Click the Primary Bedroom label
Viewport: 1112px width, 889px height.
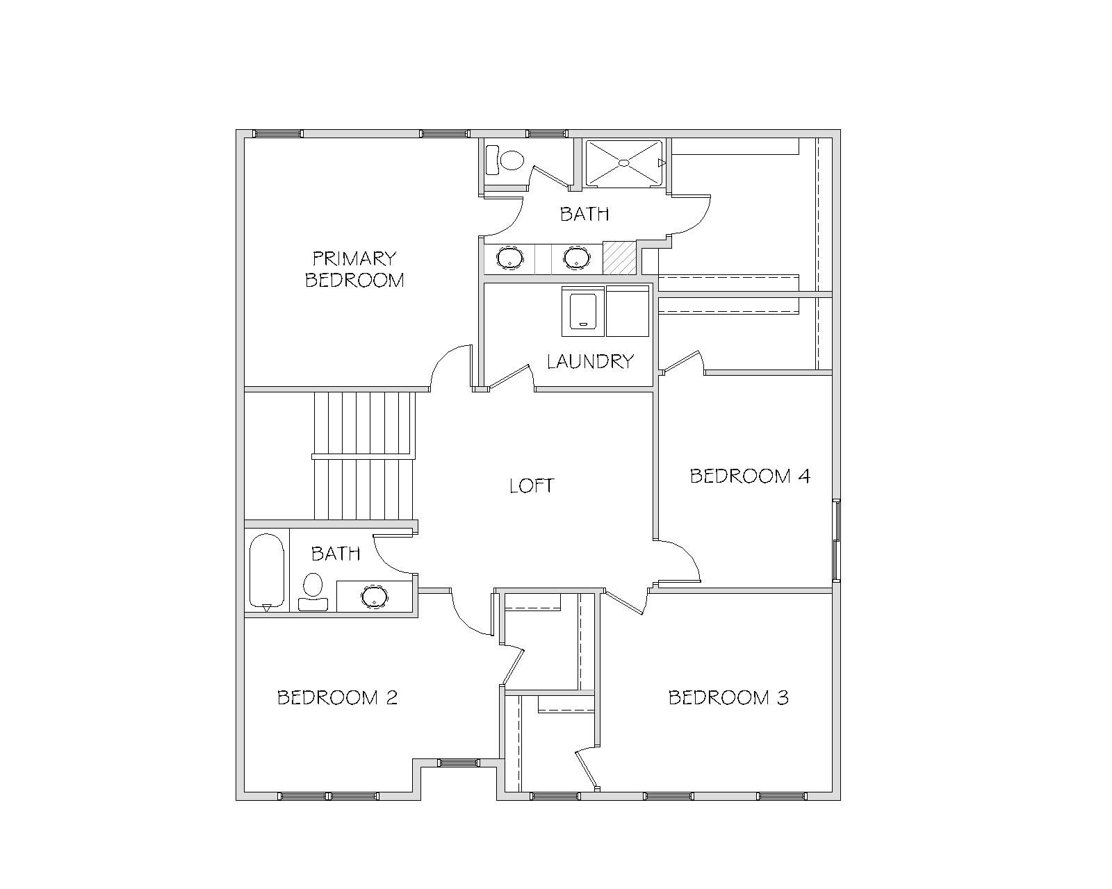pyautogui.click(x=354, y=269)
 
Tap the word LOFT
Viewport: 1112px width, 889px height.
pyautogui.click(x=532, y=485)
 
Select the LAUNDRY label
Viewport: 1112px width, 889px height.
pyautogui.click(x=591, y=361)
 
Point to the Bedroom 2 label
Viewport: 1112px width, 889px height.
pyautogui.click(x=338, y=697)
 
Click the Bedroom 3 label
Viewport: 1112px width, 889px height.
pyautogui.click(x=728, y=697)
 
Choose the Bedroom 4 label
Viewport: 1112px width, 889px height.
pyautogui.click(x=751, y=476)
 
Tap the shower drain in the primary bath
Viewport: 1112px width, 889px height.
pyautogui.click(x=624, y=163)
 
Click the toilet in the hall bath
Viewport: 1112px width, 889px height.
pyautogui.click(x=313, y=592)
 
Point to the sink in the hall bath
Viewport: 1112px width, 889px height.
pyautogui.click(x=374, y=597)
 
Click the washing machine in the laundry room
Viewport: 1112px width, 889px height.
pyautogui.click(x=583, y=311)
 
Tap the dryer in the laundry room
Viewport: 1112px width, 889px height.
pyautogui.click(x=628, y=311)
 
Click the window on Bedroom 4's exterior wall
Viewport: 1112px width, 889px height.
pyautogui.click(x=837, y=540)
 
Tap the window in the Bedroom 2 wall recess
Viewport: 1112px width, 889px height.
pyautogui.click(x=459, y=763)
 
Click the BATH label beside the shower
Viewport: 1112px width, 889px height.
pyautogui.click(x=584, y=214)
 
